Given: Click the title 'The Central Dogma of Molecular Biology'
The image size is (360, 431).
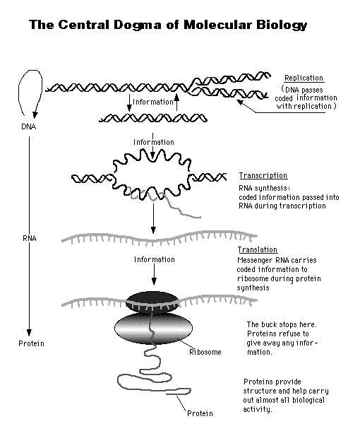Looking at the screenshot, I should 168,26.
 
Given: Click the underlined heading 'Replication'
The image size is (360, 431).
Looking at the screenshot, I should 304,78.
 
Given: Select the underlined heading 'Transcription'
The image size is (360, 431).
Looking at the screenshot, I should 263,176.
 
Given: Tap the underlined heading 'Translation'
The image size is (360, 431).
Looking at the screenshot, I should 258,250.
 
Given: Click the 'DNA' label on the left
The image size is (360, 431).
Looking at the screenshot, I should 29,127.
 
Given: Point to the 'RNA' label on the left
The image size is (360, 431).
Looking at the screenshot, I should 29,239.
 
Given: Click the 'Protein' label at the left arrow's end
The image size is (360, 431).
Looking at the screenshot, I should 31,343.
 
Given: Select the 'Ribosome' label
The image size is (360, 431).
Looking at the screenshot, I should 205,351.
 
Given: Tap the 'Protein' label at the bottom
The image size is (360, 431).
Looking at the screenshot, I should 199,413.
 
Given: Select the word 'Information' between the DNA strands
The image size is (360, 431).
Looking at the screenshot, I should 153,102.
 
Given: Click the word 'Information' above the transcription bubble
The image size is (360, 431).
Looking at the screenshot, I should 153,143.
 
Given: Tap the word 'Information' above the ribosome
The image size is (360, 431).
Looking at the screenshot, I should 154,259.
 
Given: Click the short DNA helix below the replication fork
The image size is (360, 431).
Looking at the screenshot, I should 155,117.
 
